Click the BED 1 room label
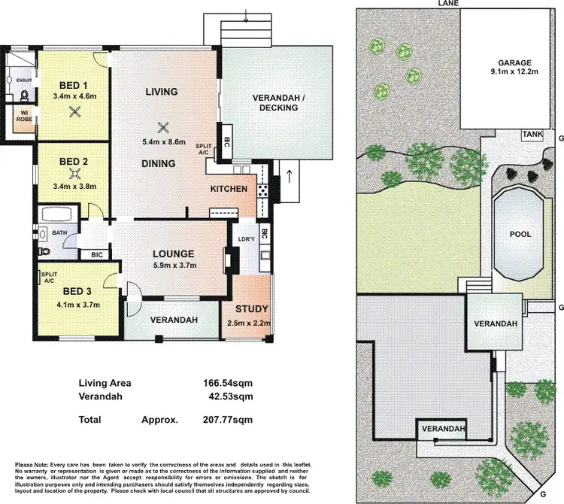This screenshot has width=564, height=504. (x=74, y=84)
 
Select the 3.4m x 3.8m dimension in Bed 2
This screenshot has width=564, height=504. (x=74, y=187)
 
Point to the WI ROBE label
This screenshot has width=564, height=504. (x=23, y=119)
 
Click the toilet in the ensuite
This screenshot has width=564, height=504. (x=25, y=96)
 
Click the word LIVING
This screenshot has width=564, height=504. (x=161, y=92)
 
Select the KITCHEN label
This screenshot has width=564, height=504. (x=229, y=188)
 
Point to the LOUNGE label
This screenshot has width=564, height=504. (x=174, y=254)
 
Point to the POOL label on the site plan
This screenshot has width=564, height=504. (x=520, y=234)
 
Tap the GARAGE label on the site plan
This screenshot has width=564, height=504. (x=514, y=62)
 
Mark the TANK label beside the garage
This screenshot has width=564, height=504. (x=532, y=135)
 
